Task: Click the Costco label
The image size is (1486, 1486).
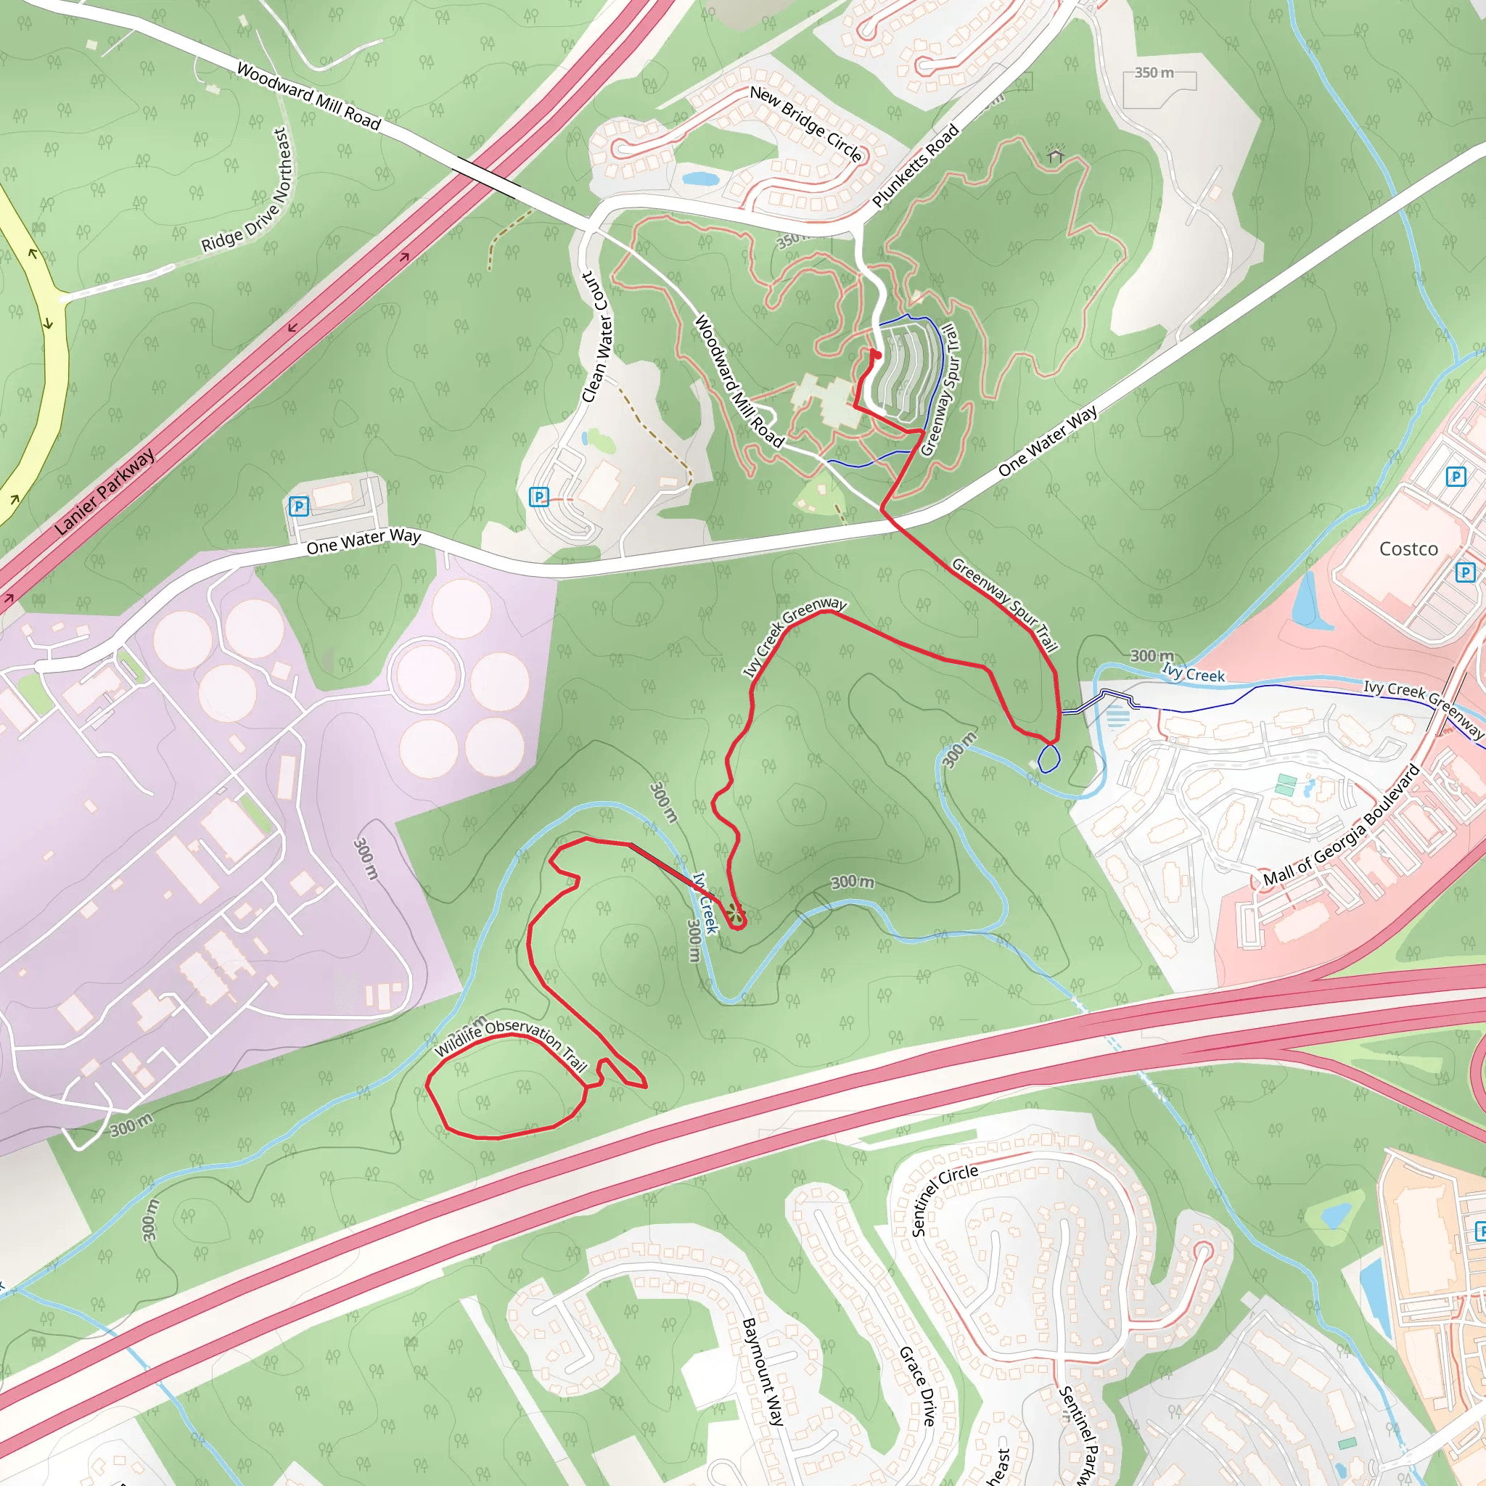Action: [1408, 549]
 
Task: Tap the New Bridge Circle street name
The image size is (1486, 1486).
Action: [805, 123]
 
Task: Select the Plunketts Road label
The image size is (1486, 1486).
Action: [915, 165]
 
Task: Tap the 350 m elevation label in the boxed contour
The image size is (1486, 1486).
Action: [1154, 73]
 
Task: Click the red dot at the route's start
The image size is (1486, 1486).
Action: [874, 355]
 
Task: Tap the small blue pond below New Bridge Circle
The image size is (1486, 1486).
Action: [700, 179]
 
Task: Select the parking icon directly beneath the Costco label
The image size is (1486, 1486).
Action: [1465, 572]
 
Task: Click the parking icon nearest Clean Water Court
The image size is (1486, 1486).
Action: [540, 497]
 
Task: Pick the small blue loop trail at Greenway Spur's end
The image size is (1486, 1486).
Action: [1048, 758]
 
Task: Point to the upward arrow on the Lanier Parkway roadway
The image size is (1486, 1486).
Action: [406, 256]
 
